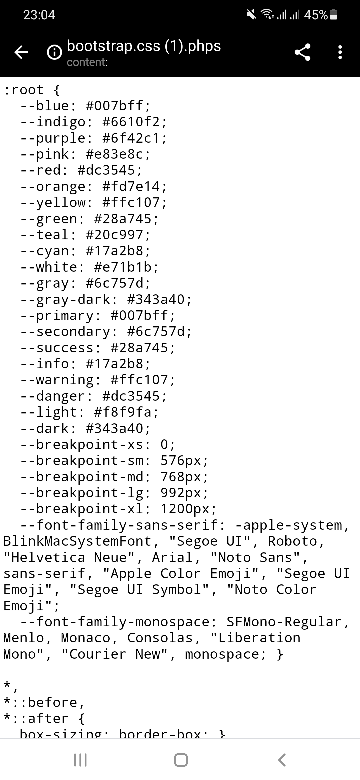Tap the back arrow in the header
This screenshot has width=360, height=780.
pyautogui.click(x=21, y=52)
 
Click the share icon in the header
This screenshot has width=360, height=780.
pyautogui.click(x=302, y=52)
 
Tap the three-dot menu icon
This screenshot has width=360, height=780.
pyautogui.click(x=340, y=52)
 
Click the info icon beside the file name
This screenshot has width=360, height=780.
pyautogui.click(x=54, y=52)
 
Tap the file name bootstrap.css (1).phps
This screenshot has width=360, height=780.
pyautogui.click(x=144, y=46)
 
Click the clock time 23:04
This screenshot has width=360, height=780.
pyautogui.click(x=39, y=15)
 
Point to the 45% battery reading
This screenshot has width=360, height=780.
pyautogui.click(x=316, y=15)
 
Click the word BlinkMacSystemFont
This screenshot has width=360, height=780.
pyautogui.click(x=77, y=541)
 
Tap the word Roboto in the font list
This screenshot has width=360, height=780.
pyautogui.click(x=292, y=541)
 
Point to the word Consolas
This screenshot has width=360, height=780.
pyautogui.click(x=160, y=638)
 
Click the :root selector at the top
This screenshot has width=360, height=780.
pyautogui.click(x=23, y=90)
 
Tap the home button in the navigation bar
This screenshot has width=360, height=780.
pyautogui.click(x=181, y=760)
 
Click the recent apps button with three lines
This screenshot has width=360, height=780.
pyautogui.click(x=80, y=760)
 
